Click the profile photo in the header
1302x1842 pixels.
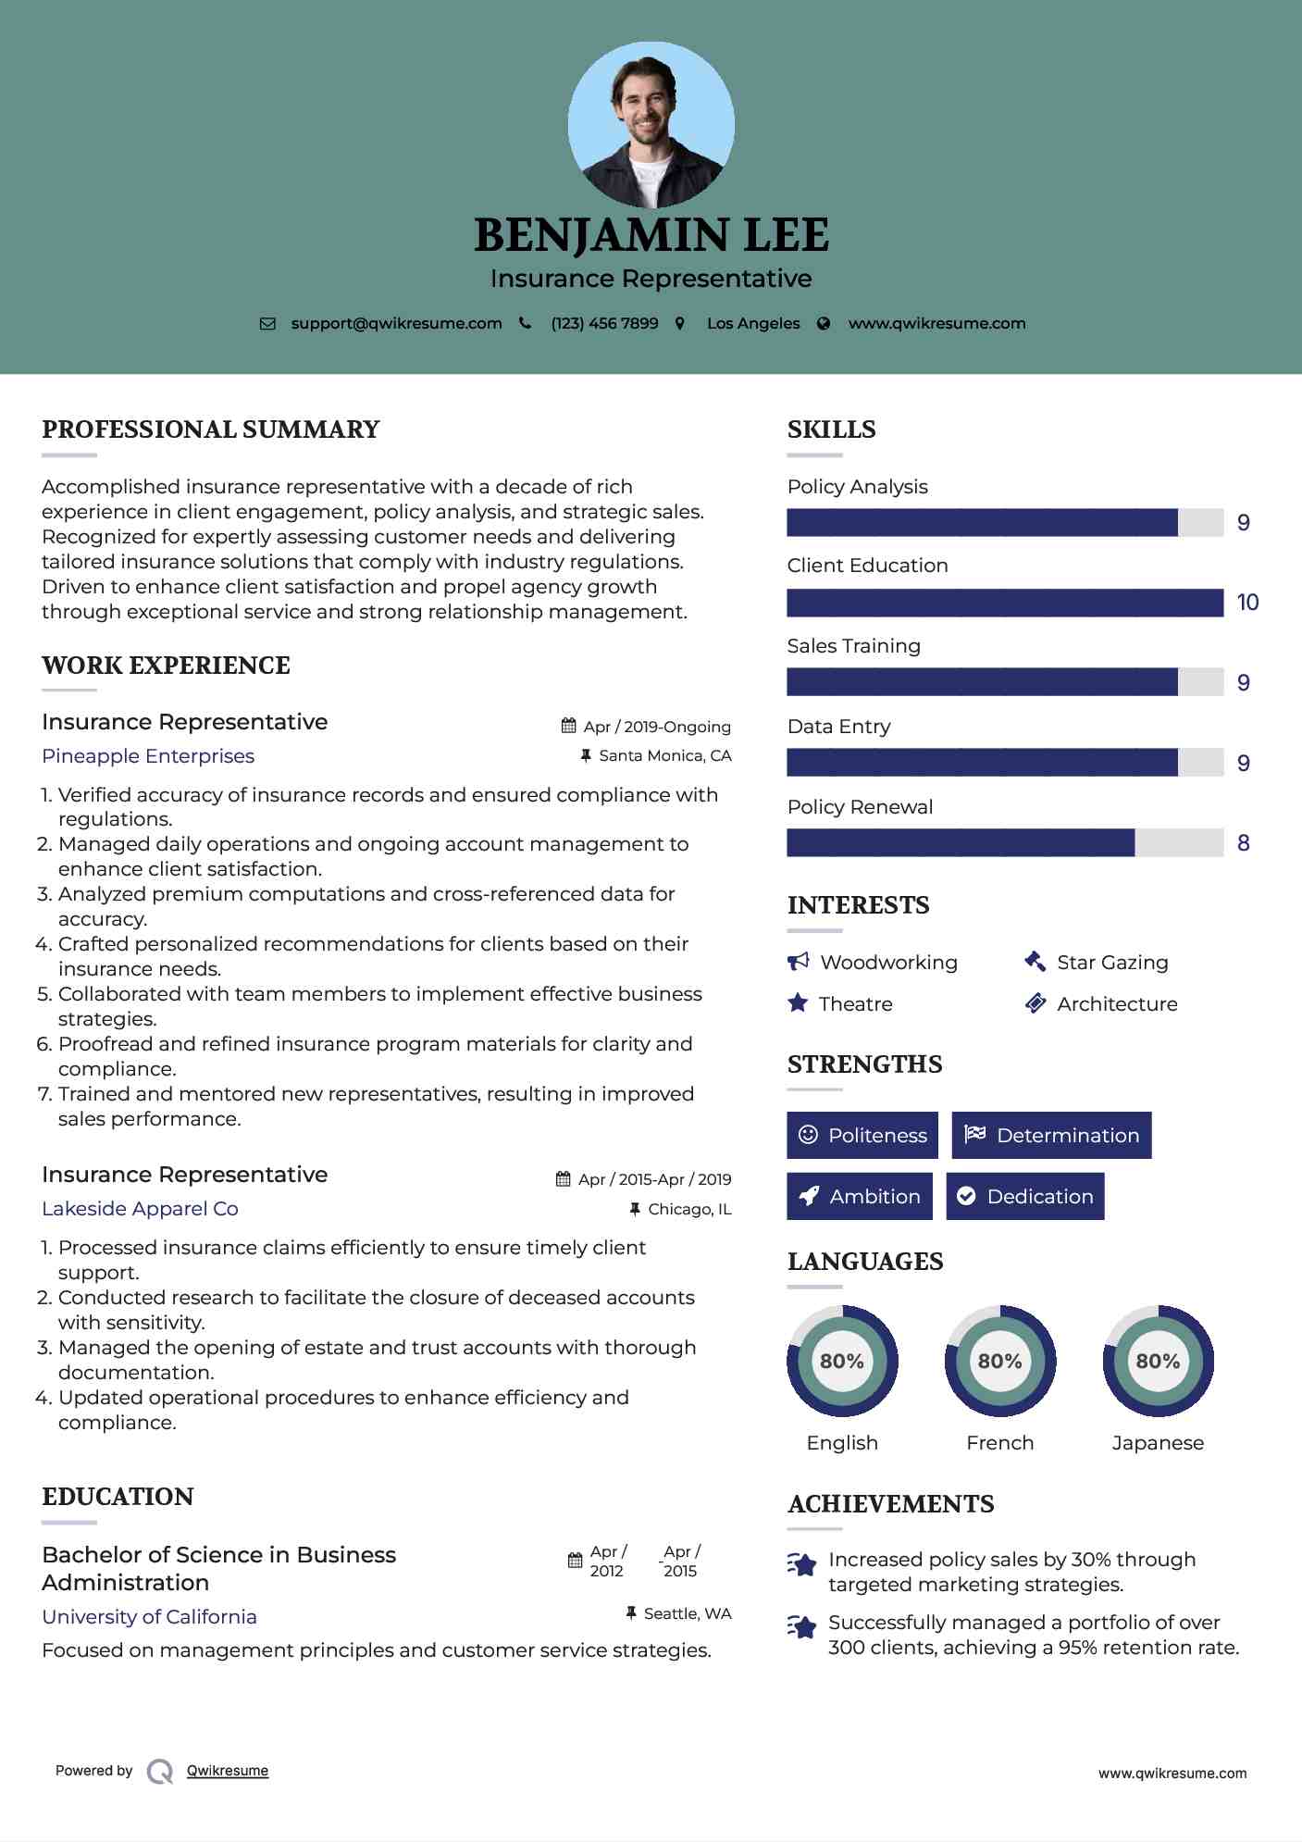pyautogui.click(x=651, y=125)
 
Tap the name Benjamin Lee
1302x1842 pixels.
pyautogui.click(x=651, y=235)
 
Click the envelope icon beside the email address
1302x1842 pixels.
pyautogui.click(x=267, y=324)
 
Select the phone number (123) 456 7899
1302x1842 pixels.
pyautogui.click(x=604, y=324)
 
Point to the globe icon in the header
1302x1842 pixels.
pyautogui.click(x=824, y=324)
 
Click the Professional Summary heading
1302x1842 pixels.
pyautogui.click(x=211, y=429)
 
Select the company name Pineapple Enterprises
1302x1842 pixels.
pyautogui.click(x=148, y=756)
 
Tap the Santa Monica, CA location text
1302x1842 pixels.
pyautogui.click(x=664, y=756)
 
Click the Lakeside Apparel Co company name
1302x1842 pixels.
pyautogui.click(x=140, y=1209)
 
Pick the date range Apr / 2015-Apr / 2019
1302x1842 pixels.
pyautogui.click(x=654, y=1179)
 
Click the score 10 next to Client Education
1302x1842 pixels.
pyautogui.click(x=1247, y=603)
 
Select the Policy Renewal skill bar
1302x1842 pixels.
pyautogui.click(x=1005, y=843)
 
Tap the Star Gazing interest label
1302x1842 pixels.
pyautogui.click(x=1112, y=963)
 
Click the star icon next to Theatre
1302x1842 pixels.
pyautogui.click(x=798, y=1003)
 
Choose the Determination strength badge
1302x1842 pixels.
pyautogui.click(x=1051, y=1136)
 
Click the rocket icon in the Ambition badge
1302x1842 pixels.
pyautogui.click(x=809, y=1197)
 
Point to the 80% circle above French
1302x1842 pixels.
pyautogui.click(x=999, y=1362)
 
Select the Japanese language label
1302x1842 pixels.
pyautogui.click(x=1158, y=1443)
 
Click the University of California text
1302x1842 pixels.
pyautogui.click(x=149, y=1617)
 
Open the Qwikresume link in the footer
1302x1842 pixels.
pyautogui.click(x=228, y=1771)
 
